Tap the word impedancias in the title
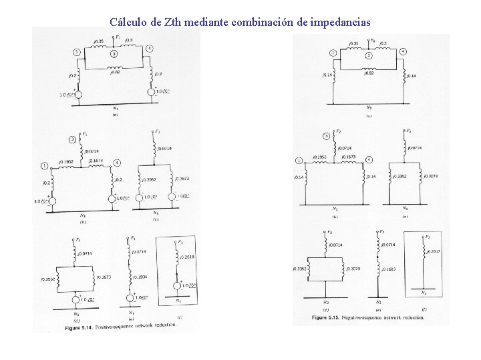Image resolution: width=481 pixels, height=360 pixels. (x=339, y=22)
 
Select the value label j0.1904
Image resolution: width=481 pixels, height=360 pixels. (x=141, y=277)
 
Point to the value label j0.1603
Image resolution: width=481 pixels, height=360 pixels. (x=388, y=269)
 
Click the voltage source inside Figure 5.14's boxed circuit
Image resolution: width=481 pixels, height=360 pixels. (x=177, y=287)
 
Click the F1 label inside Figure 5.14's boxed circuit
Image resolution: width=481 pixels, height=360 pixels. (x=181, y=241)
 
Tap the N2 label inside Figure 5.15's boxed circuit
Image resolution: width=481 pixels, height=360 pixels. (x=425, y=292)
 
